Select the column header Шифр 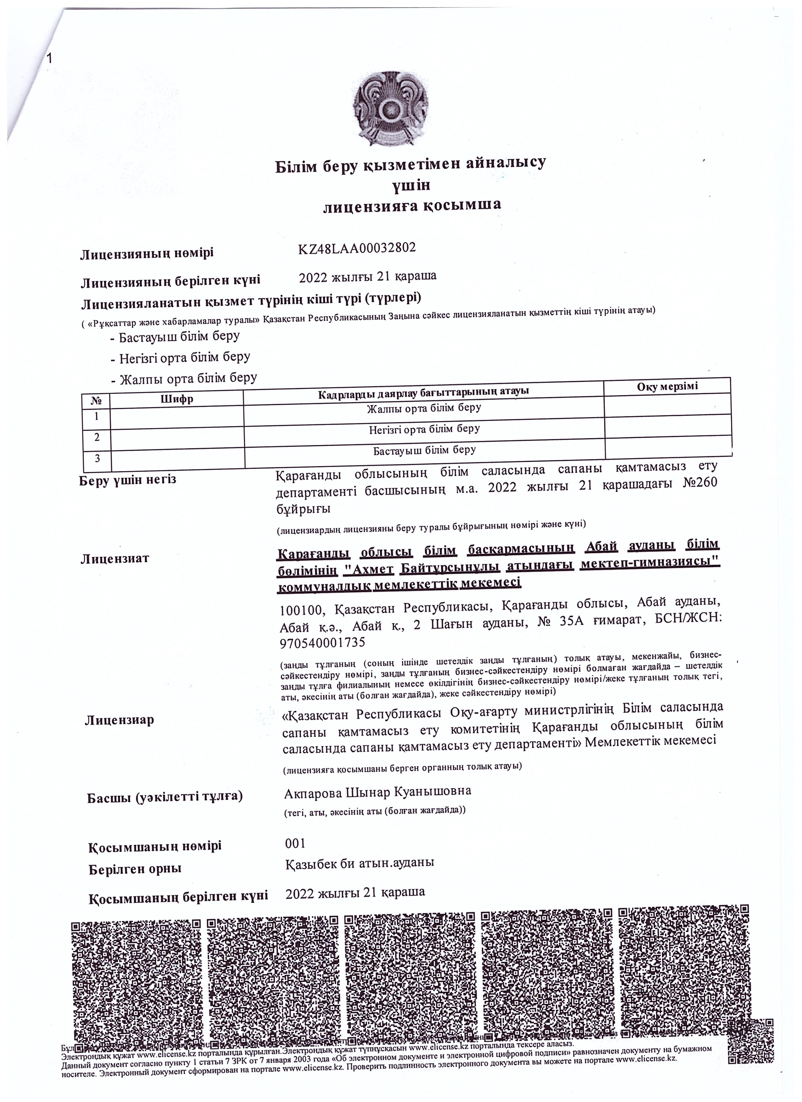[x=177, y=399]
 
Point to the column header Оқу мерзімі [x=667, y=386]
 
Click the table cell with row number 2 [x=97, y=437]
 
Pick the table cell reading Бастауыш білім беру [x=424, y=450]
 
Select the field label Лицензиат [x=114, y=558]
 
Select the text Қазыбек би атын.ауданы [x=360, y=863]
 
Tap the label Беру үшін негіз [x=127, y=480]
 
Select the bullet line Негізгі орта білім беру [x=184, y=358]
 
